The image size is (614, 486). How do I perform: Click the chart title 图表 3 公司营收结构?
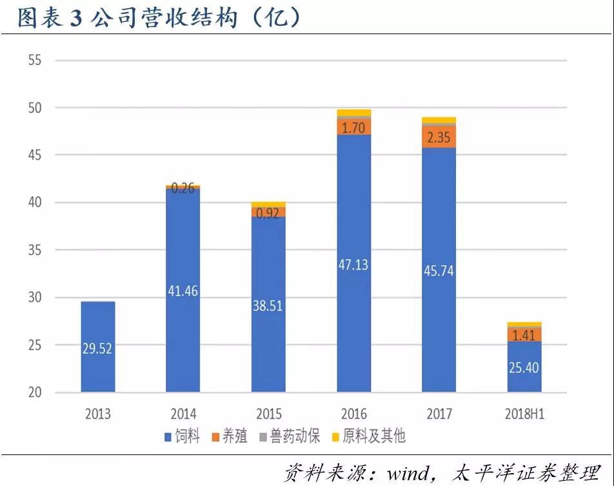158,17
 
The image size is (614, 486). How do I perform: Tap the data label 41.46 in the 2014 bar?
183,291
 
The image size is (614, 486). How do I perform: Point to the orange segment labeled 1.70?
353,127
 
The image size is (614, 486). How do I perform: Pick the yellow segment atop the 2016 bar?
353,113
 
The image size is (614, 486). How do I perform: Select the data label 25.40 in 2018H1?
524,369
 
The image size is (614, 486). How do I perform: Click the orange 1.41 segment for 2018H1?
524,335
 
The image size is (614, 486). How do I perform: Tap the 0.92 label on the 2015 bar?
268,213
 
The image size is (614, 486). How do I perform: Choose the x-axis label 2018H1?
523,414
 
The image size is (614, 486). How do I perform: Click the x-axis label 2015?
268,414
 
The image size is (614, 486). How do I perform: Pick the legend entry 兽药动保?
293,436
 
